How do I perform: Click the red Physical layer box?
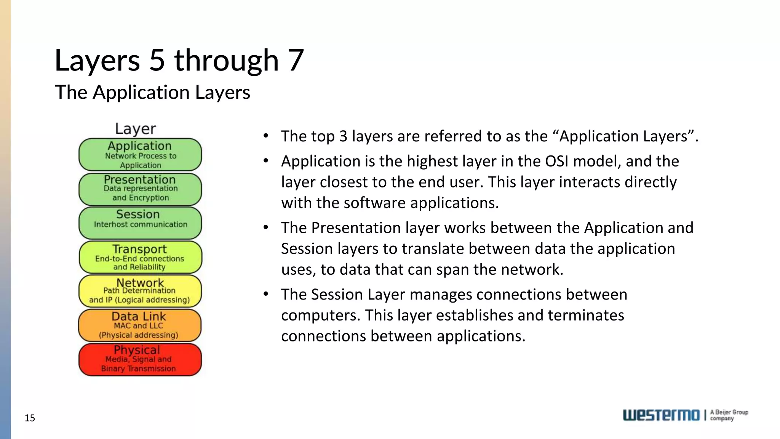click(x=140, y=360)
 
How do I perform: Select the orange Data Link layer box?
click(x=140, y=325)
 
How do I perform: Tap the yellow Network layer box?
click(x=140, y=291)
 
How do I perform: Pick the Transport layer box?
click(x=140, y=257)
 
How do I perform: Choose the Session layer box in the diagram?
click(x=140, y=223)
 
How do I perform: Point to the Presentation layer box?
click(x=140, y=189)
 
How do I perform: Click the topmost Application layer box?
click(x=140, y=155)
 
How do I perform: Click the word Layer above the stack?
click(x=136, y=129)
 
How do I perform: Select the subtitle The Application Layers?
click(x=152, y=92)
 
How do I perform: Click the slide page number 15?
click(x=30, y=418)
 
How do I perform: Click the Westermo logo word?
click(x=661, y=415)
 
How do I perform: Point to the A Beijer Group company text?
click(x=729, y=415)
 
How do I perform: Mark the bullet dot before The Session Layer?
click(x=266, y=294)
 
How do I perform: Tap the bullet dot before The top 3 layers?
click(x=266, y=136)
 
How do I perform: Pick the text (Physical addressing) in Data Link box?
click(x=139, y=335)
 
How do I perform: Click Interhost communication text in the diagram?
click(x=141, y=224)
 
